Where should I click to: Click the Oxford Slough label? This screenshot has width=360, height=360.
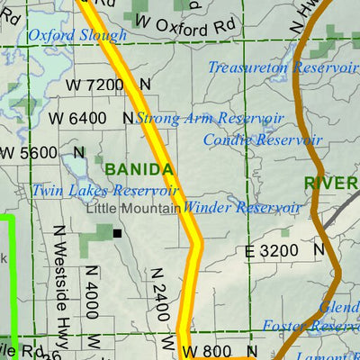tap(76, 36)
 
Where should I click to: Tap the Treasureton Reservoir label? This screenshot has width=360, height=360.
tap(282, 67)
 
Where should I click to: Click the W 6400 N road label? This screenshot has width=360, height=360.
tap(90, 118)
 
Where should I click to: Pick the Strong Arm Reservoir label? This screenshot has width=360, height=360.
tap(209, 118)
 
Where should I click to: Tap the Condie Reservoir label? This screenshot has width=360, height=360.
tap(262, 139)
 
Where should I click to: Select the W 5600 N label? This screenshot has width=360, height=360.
tap(43, 153)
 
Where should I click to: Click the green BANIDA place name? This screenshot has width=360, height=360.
tap(139, 169)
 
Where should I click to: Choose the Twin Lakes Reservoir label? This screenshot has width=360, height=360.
tap(104, 191)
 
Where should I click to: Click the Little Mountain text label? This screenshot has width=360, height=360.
tap(134, 207)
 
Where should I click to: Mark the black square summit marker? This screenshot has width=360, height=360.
tap(117, 233)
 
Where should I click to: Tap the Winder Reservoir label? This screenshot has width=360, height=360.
tap(242, 207)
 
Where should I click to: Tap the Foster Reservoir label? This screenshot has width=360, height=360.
tap(310, 326)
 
